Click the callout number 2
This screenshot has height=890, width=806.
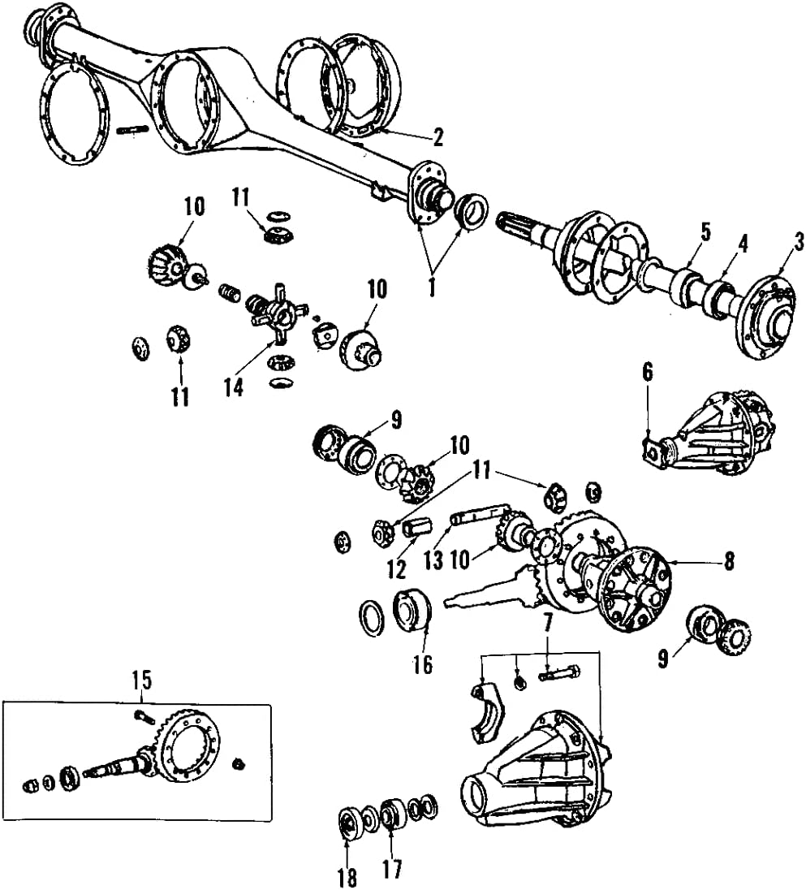click(438, 137)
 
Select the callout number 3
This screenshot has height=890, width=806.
click(800, 241)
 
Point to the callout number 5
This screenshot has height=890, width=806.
click(705, 231)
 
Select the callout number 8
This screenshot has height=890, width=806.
click(730, 560)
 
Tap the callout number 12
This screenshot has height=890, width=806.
click(396, 569)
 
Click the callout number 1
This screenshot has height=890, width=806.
click(432, 287)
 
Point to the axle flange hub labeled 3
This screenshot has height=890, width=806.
click(766, 318)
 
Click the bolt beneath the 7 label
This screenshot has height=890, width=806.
click(558, 673)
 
